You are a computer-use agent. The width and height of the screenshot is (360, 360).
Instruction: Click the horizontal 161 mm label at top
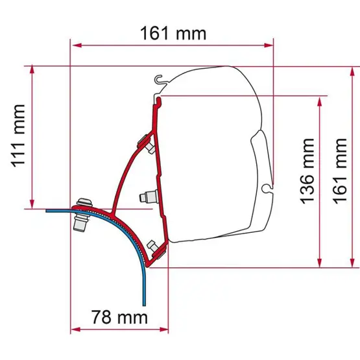pyautogui.click(x=173, y=34)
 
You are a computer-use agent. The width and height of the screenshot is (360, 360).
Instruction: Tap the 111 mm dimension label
pyautogui.click(x=18, y=136)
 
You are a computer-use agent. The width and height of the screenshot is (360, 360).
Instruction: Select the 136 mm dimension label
pyautogui.click(x=307, y=171)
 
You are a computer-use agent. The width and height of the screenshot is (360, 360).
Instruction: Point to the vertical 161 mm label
pyautogui.click(x=339, y=171)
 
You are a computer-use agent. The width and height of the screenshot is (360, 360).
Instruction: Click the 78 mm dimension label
pyautogui.click(x=119, y=317)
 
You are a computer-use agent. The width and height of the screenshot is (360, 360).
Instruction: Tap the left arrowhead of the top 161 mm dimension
pyautogui.click(x=77, y=45)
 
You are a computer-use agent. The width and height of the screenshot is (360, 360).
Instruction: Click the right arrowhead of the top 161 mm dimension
pyautogui.click(x=269, y=45)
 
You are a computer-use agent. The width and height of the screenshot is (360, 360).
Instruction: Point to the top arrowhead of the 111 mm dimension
pyautogui.click(x=32, y=70)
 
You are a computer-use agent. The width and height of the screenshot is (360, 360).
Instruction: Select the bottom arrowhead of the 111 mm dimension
pyautogui.click(x=32, y=204)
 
